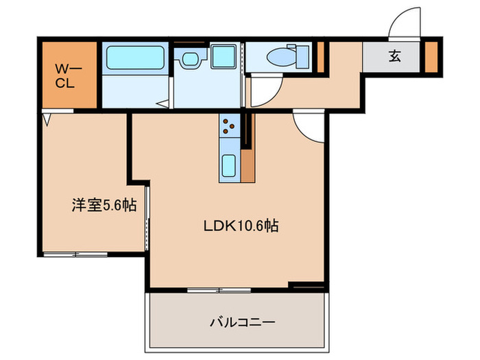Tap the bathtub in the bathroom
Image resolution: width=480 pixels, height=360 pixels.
[134, 58]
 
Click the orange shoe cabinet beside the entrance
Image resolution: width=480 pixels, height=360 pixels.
[430, 57]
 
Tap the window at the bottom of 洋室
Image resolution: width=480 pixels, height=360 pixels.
[73, 254]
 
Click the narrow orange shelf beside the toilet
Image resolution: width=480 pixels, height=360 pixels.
[320, 57]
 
